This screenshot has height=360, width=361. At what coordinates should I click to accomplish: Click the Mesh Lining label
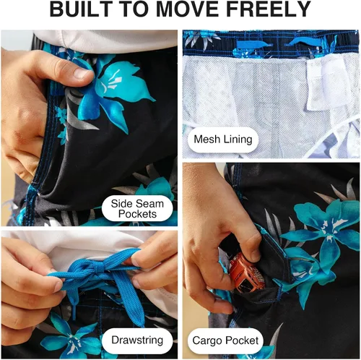click(223, 140)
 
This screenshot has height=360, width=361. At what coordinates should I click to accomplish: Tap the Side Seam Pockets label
click(137, 209)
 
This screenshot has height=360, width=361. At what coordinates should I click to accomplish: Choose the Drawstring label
click(137, 340)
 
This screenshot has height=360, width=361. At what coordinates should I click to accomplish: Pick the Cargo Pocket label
click(225, 340)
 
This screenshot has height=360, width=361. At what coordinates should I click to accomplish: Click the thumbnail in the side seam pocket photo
click(81, 72)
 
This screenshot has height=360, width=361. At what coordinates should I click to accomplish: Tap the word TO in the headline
click(131, 9)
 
